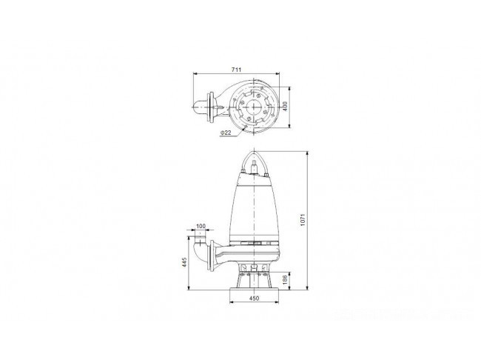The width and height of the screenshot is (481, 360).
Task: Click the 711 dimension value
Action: tap(236, 70)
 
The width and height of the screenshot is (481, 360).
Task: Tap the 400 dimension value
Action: tap(286, 107)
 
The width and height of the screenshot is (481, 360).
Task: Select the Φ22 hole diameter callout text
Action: tap(226, 133)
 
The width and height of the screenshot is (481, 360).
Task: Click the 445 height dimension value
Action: tap(184, 262)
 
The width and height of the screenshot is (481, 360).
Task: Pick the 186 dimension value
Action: tap(285, 280)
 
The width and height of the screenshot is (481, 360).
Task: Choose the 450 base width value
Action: tap(254, 299)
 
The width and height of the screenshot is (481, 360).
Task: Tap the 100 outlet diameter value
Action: tap(201, 227)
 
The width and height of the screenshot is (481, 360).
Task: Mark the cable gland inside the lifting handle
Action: tap(255, 167)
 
